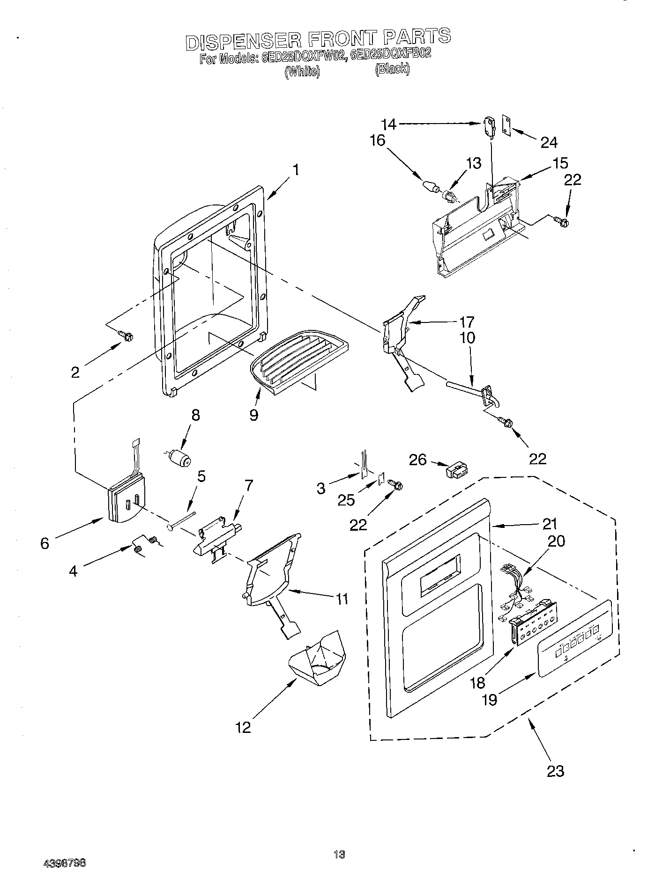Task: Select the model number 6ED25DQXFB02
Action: [x=391, y=53]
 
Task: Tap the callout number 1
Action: [x=296, y=169]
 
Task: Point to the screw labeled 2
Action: [x=126, y=335]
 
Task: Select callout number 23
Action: [x=555, y=770]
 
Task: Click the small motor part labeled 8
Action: [x=179, y=457]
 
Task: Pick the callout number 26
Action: [x=417, y=460]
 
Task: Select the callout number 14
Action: [x=389, y=124]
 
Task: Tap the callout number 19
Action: [x=490, y=699]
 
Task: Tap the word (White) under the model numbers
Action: [x=302, y=72]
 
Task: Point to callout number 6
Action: [x=45, y=543]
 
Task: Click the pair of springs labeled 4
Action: [x=144, y=545]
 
